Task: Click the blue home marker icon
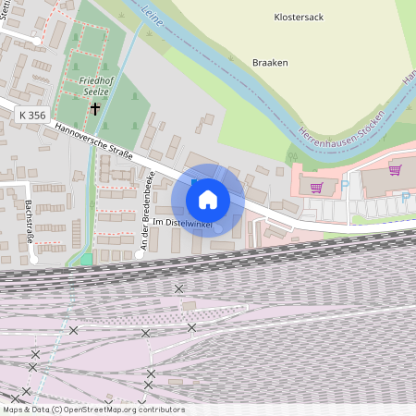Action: [x=208, y=199]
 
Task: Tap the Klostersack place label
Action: [x=300, y=17]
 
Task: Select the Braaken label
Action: [x=270, y=63]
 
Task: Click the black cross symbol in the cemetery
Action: [x=94, y=109]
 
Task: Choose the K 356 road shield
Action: [x=31, y=115]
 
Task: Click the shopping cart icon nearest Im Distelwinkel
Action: [x=316, y=187]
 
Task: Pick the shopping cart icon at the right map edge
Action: [x=395, y=170]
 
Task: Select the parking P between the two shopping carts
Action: [x=344, y=184]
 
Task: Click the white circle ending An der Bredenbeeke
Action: [x=140, y=251]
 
